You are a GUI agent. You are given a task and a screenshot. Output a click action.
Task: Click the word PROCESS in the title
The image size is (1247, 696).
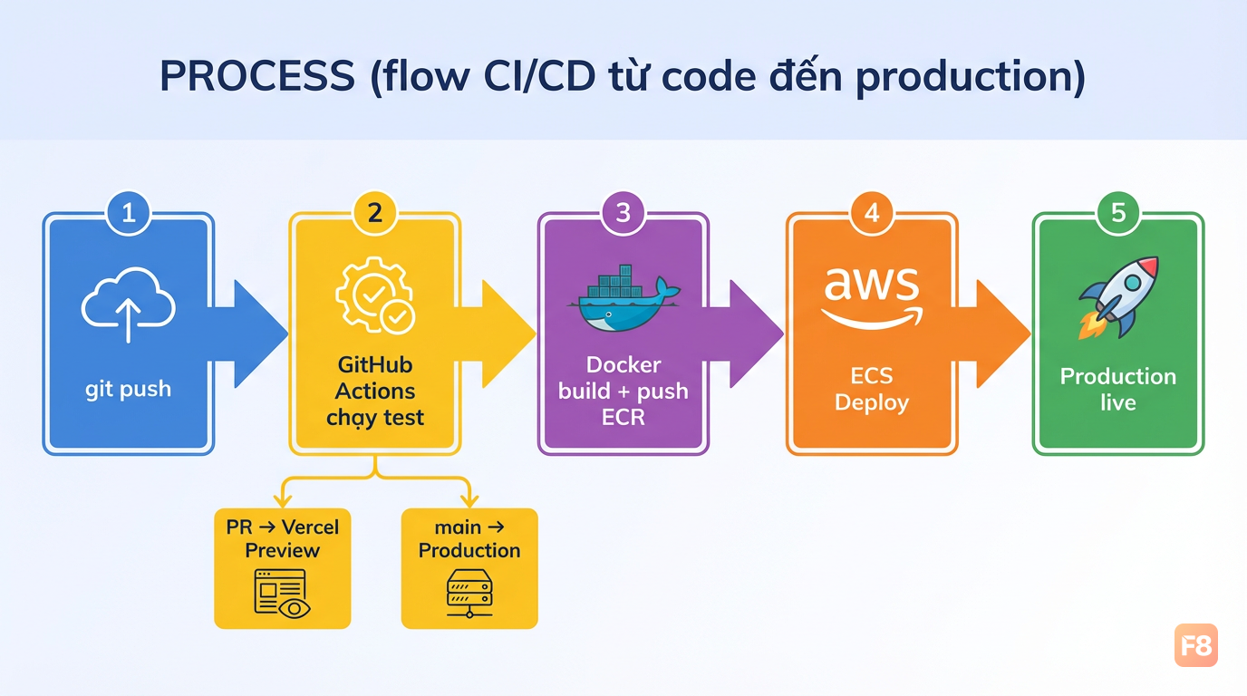pos(257,76)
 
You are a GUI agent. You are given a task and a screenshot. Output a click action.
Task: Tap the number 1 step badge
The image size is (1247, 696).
pos(129,213)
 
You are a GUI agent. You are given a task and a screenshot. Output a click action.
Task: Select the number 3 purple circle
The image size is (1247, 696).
pos(623,213)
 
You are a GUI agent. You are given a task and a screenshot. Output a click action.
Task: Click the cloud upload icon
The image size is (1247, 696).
pos(129,304)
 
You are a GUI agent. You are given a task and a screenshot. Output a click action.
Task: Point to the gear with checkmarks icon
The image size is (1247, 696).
pos(375,295)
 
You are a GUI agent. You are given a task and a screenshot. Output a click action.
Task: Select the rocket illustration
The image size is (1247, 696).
pos(1118,297)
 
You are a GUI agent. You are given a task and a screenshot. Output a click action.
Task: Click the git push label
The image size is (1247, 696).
pos(128,389)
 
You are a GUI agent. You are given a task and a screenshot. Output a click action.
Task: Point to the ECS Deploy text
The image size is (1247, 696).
pos(872,389)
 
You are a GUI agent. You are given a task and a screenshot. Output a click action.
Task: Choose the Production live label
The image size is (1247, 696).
pos(1118,389)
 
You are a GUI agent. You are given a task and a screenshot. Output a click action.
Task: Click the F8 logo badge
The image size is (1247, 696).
pos(1196,645)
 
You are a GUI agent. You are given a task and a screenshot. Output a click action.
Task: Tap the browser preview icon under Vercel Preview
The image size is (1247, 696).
pos(282,594)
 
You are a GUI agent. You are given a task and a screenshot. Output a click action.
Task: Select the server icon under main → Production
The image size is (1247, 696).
pos(469,594)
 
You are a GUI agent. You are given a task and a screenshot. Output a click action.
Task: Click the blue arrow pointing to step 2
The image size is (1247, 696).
pos(248,334)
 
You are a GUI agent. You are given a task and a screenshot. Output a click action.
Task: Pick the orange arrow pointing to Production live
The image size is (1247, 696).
pos(991,334)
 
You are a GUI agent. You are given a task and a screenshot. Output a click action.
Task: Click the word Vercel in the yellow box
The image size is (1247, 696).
pos(310,527)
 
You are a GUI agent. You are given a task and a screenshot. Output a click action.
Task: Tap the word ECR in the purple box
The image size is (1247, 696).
pos(623,417)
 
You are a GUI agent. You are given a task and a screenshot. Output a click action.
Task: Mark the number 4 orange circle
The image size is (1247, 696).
pos(872,213)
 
